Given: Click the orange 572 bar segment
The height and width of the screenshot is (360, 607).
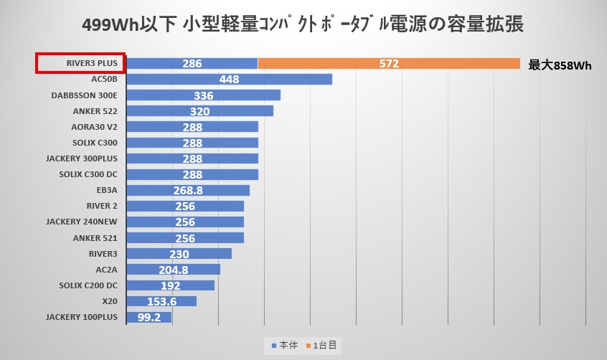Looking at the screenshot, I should pyautogui.click(x=388, y=64).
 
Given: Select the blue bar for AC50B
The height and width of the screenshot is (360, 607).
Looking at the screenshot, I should pyautogui.click(x=229, y=80).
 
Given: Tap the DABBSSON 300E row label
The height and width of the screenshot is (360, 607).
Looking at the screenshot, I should pyautogui.click(x=84, y=95).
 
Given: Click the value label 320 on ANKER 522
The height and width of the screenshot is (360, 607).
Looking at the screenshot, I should pyautogui.click(x=199, y=111).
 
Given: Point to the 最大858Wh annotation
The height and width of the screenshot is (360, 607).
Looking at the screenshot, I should pyautogui.click(x=560, y=65).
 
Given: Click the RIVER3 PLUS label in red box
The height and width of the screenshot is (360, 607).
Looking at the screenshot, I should pyautogui.click(x=81, y=63).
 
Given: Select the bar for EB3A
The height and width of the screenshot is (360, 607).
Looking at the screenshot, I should pyautogui.click(x=187, y=190).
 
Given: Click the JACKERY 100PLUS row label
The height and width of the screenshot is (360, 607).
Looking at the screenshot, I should pyautogui.click(x=81, y=316).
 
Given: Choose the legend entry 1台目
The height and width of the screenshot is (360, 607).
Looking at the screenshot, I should pyautogui.click(x=324, y=345).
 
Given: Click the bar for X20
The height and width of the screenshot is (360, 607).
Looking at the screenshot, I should pyautogui.click(x=161, y=300).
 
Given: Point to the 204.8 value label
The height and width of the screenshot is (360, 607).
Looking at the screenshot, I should pyautogui.click(x=172, y=269).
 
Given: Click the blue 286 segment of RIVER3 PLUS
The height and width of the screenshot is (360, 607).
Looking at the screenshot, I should pyautogui.click(x=192, y=64).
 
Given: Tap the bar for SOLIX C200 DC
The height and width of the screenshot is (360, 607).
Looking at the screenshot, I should pyautogui.click(x=170, y=285).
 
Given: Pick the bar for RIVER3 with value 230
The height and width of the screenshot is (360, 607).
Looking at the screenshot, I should pyautogui.click(x=179, y=253).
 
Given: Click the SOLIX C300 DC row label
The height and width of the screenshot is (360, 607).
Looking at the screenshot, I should pyautogui.click(x=88, y=174).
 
